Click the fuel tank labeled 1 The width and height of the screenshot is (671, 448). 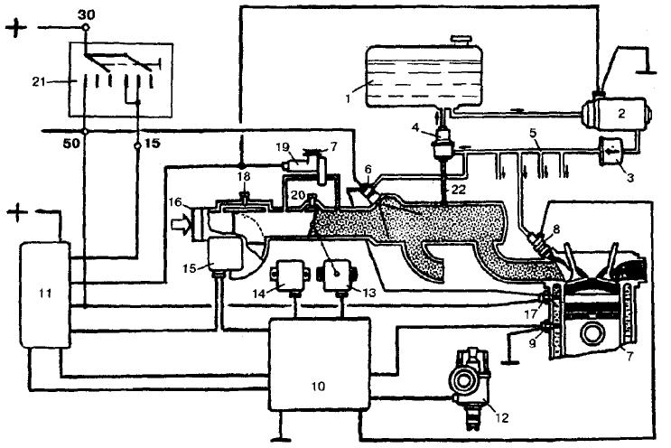click(x=424, y=75)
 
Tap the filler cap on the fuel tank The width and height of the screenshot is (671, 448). click(x=462, y=39)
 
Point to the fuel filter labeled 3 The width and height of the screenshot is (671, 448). click(x=613, y=150)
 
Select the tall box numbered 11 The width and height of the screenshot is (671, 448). click(x=44, y=294)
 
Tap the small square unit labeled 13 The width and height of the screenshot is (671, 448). click(x=337, y=275)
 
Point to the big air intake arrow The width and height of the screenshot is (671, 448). click(x=181, y=225)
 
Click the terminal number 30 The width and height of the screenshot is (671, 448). click(x=86, y=14)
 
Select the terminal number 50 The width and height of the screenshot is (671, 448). click(x=71, y=143)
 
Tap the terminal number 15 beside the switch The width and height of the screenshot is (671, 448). click(x=153, y=143)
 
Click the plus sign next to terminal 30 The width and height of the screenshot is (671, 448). click(x=16, y=27)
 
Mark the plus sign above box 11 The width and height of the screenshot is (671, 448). click(x=16, y=212)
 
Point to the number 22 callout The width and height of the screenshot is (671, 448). click(x=458, y=189)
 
